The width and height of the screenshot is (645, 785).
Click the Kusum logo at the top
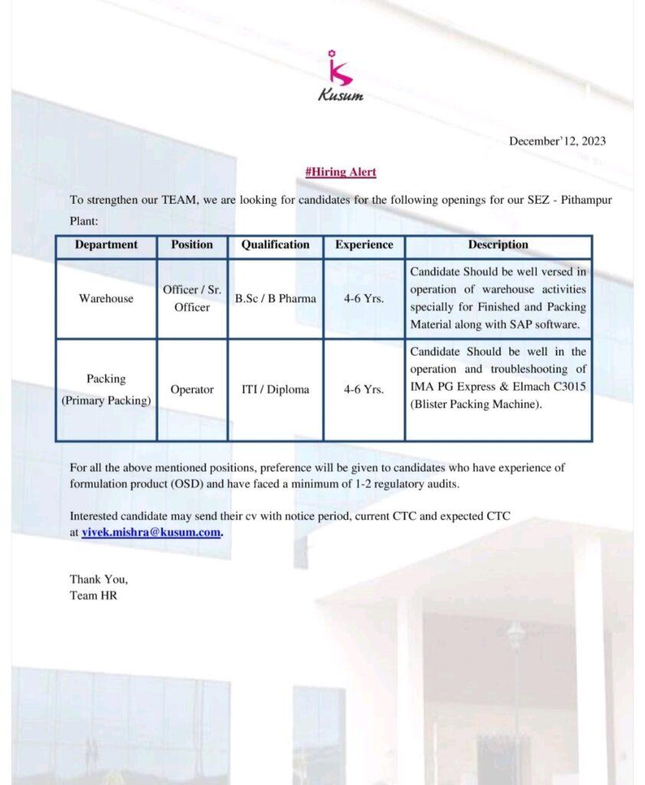point(340,77)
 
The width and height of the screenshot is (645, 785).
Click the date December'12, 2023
point(557,140)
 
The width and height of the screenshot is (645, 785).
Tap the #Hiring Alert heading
point(340,172)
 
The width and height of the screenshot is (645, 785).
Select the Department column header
point(106,245)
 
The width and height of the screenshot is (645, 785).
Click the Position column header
point(192,245)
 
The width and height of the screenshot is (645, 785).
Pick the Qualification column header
point(275,245)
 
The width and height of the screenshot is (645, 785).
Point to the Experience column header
point(364,245)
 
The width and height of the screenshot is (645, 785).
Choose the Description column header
point(498,245)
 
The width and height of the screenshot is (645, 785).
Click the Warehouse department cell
point(106,299)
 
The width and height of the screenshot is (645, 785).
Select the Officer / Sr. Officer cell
point(192,299)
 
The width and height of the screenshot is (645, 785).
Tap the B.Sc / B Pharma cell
point(275,299)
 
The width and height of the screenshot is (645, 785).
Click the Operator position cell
point(192,390)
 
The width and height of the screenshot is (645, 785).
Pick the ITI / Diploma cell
point(275,390)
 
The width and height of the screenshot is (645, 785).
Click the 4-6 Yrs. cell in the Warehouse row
point(364,299)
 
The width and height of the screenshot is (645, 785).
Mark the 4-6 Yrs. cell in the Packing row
point(364,390)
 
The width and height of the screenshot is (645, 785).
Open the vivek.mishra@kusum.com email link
point(152,532)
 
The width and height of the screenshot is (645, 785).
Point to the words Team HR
point(93,595)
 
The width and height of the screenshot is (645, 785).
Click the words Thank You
point(99,580)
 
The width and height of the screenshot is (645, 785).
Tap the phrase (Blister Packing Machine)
point(476,405)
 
